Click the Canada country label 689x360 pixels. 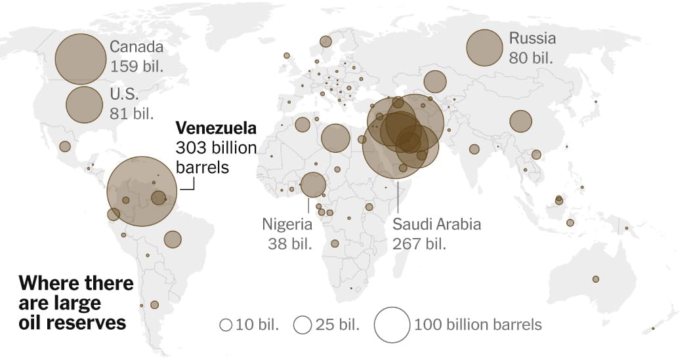136,47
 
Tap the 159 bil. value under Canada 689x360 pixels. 136,67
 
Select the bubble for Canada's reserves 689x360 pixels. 80,59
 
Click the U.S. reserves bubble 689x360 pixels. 84,103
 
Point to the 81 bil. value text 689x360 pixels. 133,113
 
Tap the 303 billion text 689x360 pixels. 216,147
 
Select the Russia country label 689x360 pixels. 532,38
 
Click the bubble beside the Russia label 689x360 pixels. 484,48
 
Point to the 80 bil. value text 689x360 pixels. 531,58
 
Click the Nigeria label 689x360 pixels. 287,224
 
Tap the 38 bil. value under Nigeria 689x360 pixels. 289,244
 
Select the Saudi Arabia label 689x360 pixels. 436,224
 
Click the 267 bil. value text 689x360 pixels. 419,244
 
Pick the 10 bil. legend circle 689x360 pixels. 226,325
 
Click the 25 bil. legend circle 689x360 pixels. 303,325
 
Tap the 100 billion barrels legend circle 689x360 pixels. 392,325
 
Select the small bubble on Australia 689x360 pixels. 596,279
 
